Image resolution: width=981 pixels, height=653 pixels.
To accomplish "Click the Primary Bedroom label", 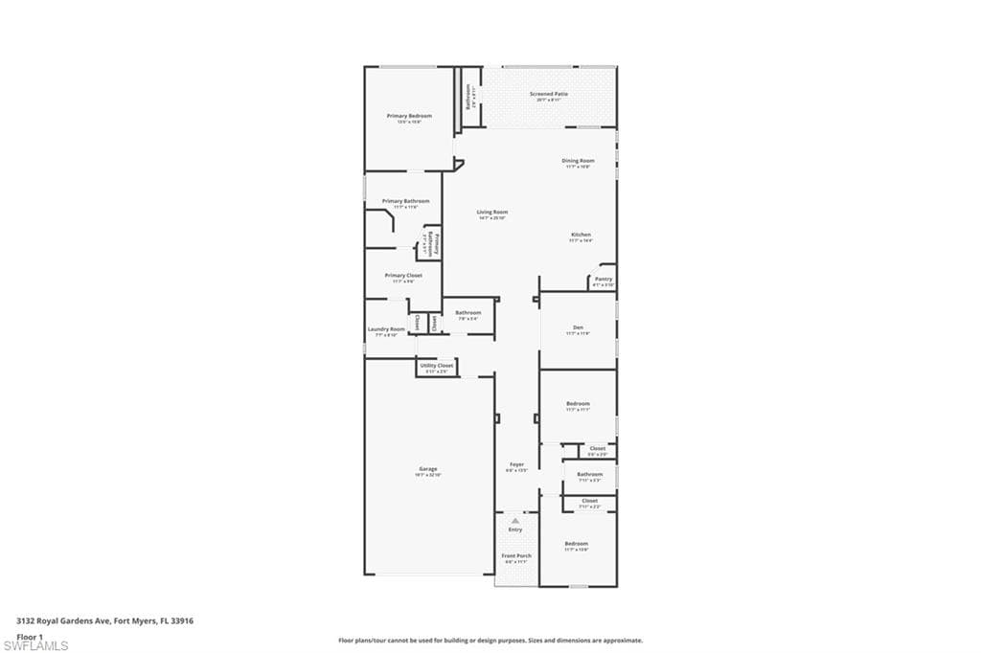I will [x=409, y=116].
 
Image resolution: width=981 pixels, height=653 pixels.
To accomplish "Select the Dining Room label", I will [x=578, y=161].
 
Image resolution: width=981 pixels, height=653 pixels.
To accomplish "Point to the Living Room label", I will [x=492, y=213].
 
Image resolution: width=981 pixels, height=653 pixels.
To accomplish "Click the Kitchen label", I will [x=581, y=235].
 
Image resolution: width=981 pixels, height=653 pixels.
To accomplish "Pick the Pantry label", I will [x=603, y=280].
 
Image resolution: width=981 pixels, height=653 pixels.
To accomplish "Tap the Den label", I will [x=578, y=327].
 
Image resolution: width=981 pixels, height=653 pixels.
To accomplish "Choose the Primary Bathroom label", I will [x=405, y=201].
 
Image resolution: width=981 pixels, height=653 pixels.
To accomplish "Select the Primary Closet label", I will [x=403, y=276].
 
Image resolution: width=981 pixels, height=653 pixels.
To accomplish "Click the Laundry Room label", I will [x=386, y=329].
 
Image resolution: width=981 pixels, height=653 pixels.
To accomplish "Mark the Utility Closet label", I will [x=436, y=366].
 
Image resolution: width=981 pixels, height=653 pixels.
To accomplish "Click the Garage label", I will [x=427, y=469].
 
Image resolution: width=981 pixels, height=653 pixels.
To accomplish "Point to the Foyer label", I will [x=516, y=464].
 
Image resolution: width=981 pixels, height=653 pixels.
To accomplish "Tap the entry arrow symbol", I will [x=515, y=521].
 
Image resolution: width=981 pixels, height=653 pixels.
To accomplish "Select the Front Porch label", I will [x=516, y=555].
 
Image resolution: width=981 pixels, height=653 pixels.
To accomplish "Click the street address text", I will [x=105, y=620].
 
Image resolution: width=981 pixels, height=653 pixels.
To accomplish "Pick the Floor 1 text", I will [x=30, y=636].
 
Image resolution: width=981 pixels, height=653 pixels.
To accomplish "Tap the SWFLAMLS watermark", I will [x=35, y=645].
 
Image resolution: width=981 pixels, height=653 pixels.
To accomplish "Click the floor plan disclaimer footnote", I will [x=490, y=641].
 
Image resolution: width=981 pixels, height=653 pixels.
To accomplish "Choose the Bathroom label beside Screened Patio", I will [x=468, y=97].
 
